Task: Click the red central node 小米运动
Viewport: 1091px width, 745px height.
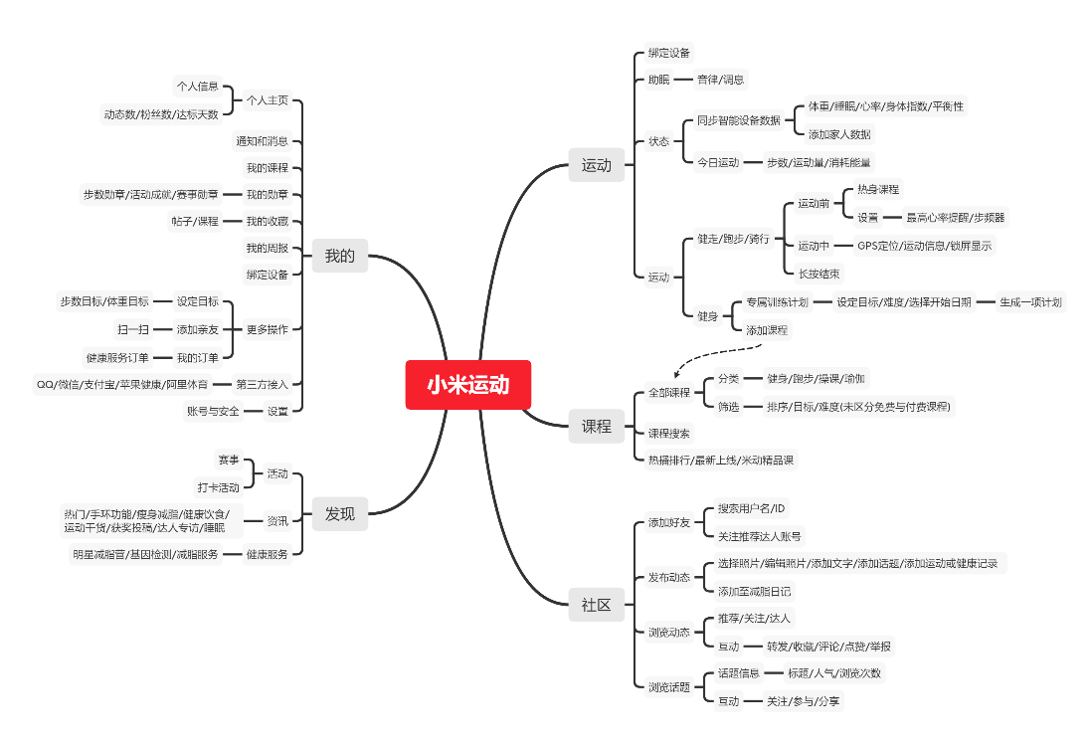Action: [x=467, y=385]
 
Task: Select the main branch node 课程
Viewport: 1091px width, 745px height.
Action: [x=596, y=426]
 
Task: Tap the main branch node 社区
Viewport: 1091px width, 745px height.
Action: [x=596, y=604]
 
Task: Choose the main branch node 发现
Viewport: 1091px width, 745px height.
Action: [x=339, y=514]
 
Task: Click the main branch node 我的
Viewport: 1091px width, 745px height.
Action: [x=339, y=256]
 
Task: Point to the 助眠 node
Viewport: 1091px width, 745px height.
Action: [x=658, y=80]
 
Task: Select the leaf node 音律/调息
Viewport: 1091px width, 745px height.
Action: [x=720, y=80]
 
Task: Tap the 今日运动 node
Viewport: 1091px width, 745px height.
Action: [x=717, y=162]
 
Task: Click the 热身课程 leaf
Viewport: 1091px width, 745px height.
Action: [x=877, y=189]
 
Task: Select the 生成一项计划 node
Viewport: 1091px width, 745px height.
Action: [x=1030, y=302]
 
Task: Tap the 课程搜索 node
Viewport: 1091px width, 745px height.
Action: [x=668, y=434]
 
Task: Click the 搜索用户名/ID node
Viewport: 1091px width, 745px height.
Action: [x=751, y=508]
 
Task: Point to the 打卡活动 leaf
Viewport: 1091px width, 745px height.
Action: [x=218, y=488]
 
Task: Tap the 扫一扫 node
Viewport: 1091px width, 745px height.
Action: [x=132, y=329]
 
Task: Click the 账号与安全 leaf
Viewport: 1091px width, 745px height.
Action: [x=213, y=411]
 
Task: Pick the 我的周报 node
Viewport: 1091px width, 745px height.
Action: [x=267, y=248]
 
